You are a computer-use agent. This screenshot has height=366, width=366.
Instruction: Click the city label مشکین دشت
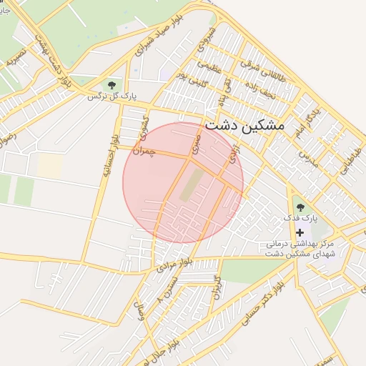click(x=244, y=124)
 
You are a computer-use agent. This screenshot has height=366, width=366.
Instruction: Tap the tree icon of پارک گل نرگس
click(x=110, y=85)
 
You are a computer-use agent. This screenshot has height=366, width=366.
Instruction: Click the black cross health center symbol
click(x=300, y=232)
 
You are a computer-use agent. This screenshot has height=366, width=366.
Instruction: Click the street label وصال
click(x=142, y=310)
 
